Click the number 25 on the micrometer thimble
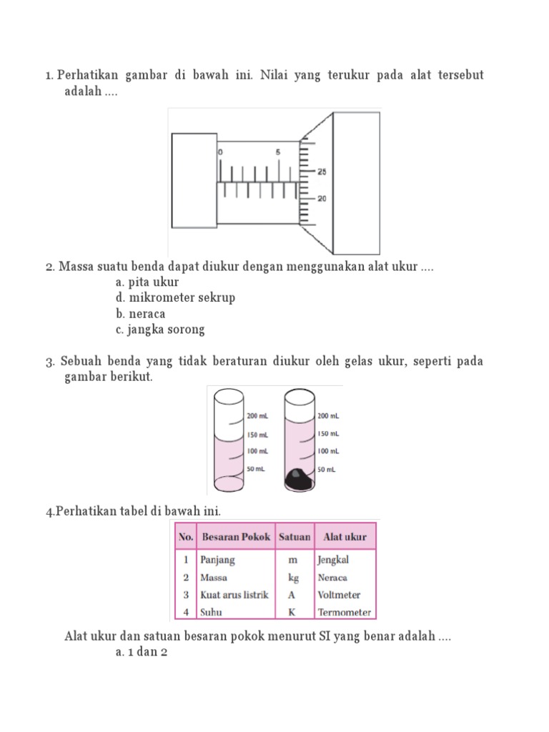coord(322,172)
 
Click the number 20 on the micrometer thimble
coord(322,199)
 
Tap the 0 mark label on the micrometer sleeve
coord(220,152)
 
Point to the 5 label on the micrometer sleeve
coord(277,152)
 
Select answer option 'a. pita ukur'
coord(147,282)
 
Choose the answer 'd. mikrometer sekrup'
coord(174,297)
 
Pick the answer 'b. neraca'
coord(140,314)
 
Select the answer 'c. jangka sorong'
coord(160,330)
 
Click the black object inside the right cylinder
coord(300,480)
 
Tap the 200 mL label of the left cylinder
coord(257,415)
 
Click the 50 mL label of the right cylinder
coord(327,470)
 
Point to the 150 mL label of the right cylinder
coord(328,433)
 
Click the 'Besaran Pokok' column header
coord(236,536)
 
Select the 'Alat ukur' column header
coord(345,536)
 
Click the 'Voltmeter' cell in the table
coord(339,595)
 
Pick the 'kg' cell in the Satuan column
coord(293,578)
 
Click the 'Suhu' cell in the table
coord(211,612)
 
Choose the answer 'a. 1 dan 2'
coord(141,653)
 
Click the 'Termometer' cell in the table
coord(345,612)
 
